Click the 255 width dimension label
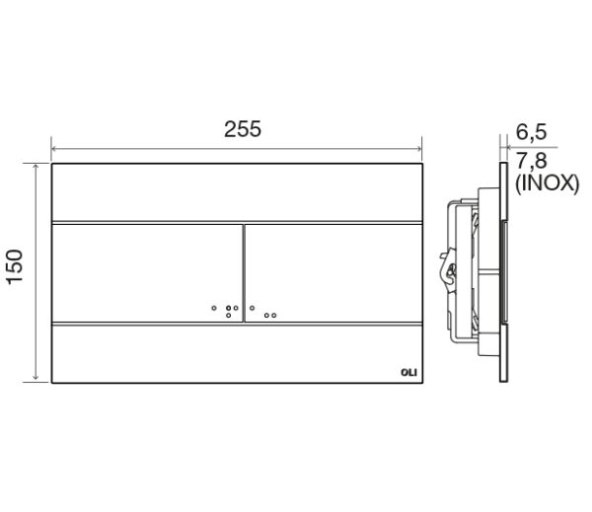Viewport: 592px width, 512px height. (242, 129)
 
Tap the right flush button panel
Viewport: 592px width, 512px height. (335, 272)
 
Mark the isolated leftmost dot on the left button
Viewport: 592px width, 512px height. (214, 307)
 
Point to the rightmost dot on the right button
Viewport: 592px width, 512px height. (274, 317)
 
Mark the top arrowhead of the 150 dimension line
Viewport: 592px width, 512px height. (37, 168)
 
